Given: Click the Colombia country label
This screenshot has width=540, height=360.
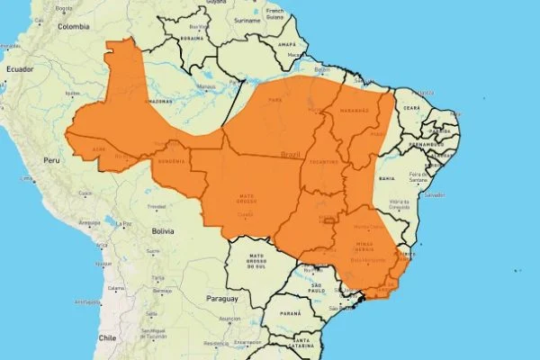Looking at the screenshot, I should [x=75, y=27].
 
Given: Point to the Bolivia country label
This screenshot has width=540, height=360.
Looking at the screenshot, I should [x=162, y=231].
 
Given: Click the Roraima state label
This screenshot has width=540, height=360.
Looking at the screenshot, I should [x=191, y=39].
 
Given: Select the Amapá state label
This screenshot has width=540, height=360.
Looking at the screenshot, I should [x=286, y=43].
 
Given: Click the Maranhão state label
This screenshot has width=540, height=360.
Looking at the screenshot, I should [x=353, y=111].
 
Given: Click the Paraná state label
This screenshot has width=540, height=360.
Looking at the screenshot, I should [x=290, y=313].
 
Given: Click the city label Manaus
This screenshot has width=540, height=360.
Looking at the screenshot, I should [x=208, y=87].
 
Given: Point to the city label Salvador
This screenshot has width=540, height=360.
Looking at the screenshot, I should [x=436, y=194].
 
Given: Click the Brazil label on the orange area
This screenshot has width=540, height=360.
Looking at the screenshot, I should [x=290, y=154].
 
